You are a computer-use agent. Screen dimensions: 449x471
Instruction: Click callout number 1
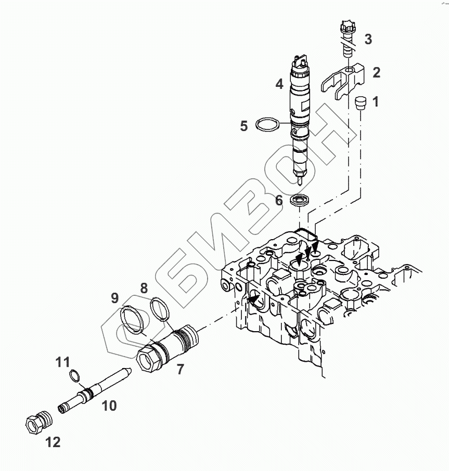tap(376, 101)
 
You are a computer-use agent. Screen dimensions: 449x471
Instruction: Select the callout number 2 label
tap(376, 72)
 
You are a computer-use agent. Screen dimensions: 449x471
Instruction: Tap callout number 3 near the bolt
tap(368, 39)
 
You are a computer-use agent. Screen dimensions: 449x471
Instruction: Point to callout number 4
tap(279, 83)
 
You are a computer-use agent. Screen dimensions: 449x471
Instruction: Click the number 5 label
tap(243, 126)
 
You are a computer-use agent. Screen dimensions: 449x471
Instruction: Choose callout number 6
tap(279, 200)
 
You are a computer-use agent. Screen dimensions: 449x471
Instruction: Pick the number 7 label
tap(180, 370)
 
